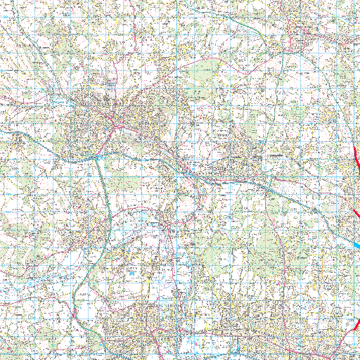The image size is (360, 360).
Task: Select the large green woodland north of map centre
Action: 205,70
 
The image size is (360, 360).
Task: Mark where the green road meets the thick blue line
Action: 101,159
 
